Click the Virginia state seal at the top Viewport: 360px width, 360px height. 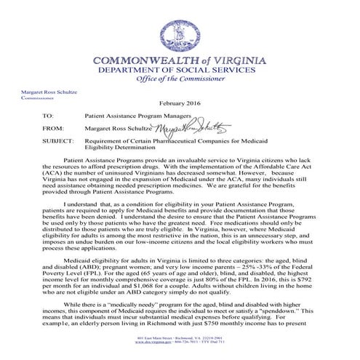coord(179,27)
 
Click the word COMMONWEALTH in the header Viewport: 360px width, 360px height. coord(154,58)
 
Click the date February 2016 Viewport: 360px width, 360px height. coord(179,105)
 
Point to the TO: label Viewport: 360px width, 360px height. coord(48,116)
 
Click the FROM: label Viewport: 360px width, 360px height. coord(52,127)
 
